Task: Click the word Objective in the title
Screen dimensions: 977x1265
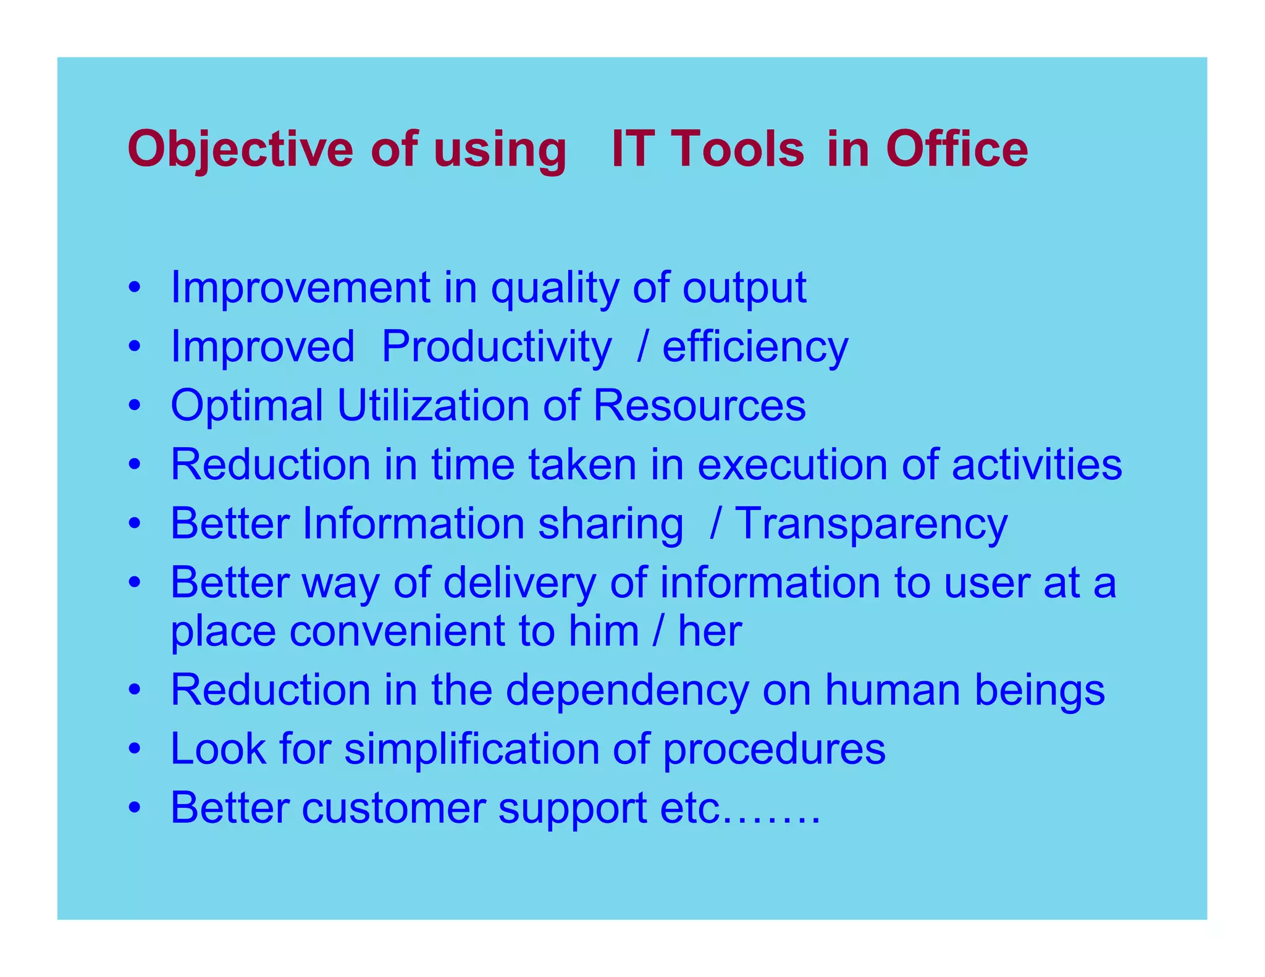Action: (240, 150)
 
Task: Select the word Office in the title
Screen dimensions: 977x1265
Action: (957, 150)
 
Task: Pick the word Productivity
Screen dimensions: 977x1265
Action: (496, 346)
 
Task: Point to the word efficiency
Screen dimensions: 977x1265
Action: (755, 348)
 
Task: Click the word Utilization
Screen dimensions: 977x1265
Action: (432, 406)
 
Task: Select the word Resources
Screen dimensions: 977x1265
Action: (699, 406)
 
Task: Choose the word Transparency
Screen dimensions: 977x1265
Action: (871, 524)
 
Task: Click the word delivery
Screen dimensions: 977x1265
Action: (519, 584)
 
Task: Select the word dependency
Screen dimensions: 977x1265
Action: (626, 690)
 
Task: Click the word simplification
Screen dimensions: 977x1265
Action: (471, 749)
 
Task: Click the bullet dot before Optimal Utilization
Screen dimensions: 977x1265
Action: (135, 406)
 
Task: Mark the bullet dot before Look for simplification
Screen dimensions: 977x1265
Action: (135, 749)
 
